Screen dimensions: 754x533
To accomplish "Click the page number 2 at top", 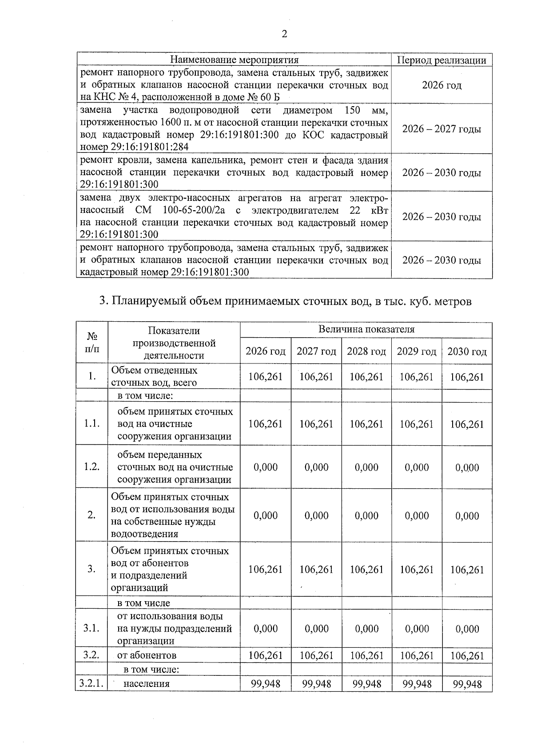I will pyautogui.click(x=284, y=35).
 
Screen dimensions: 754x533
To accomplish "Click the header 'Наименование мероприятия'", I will pyautogui.click(x=235, y=60).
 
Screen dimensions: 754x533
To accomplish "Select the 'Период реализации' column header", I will pyautogui.click(x=441, y=60).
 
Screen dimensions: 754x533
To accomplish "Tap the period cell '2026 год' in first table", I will pyautogui.click(x=441, y=85).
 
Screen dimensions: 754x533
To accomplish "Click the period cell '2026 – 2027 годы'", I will pyautogui.click(x=441, y=129).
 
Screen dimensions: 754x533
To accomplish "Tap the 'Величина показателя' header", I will pyautogui.click(x=366, y=330).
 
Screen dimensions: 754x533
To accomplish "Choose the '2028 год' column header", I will pyautogui.click(x=366, y=351).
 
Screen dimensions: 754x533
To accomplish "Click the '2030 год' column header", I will pyautogui.click(x=467, y=351).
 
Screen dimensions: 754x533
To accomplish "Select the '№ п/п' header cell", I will pyautogui.click(x=91, y=343).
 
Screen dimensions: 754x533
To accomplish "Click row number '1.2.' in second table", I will pyautogui.click(x=91, y=467).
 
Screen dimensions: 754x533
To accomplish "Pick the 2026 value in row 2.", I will pyautogui.click(x=266, y=515).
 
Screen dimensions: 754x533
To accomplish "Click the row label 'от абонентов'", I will pyautogui.click(x=147, y=655).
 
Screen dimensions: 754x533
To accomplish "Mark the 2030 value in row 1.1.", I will pyautogui.click(x=467, y=424).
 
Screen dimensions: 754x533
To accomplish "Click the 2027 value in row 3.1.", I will pyautogui.click(x=316, y=629).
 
